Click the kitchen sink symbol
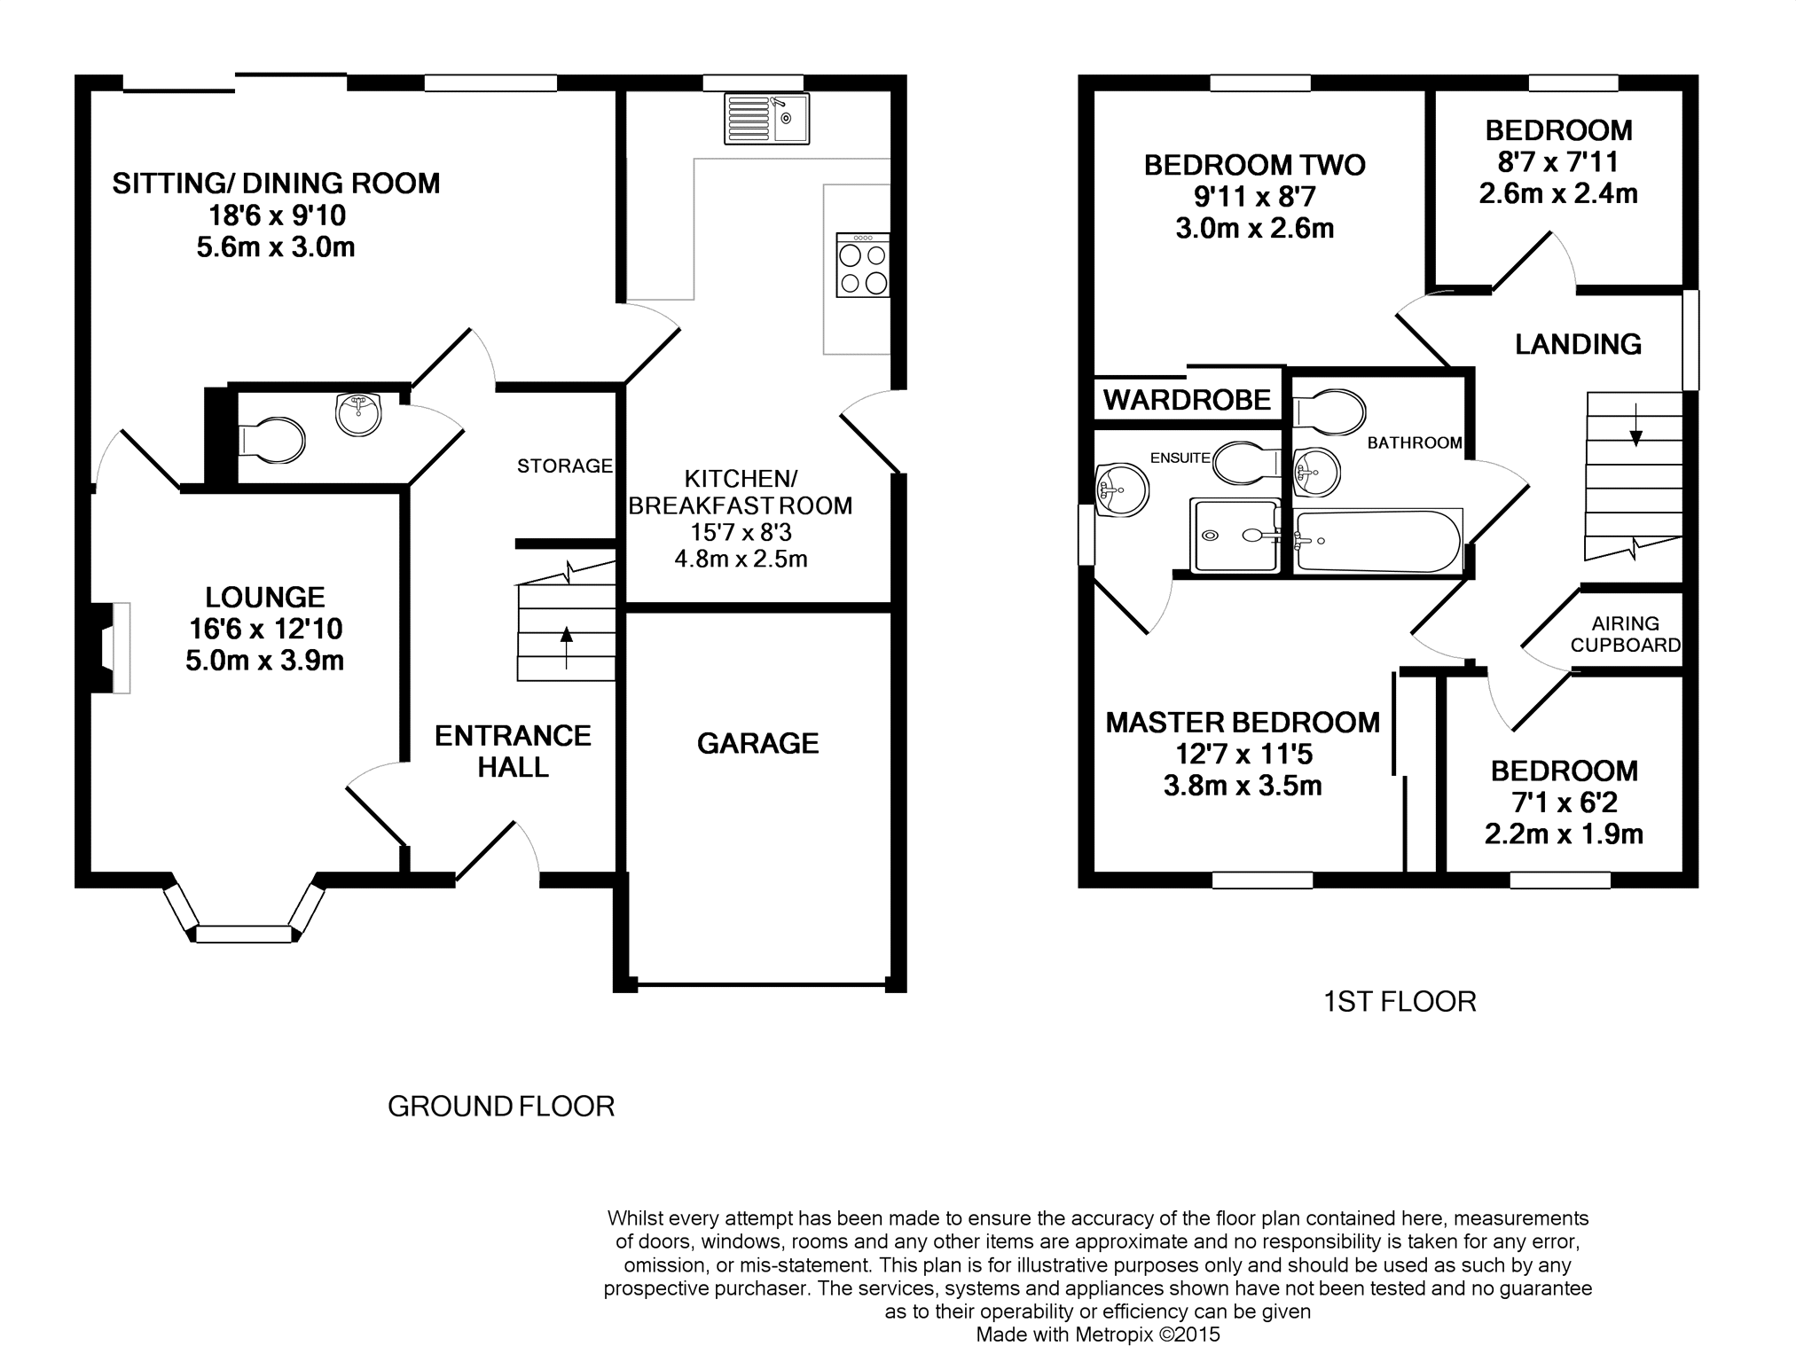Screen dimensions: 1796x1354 coord(766,118)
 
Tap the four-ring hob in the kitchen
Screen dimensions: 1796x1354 coord(862,264)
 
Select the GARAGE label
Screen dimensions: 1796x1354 coord(757,743)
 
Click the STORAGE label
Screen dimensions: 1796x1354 coord(565,466)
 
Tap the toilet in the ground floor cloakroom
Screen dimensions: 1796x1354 coord(271,441)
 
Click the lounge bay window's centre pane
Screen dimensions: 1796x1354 coord(243,934)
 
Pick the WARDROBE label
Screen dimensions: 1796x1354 coord(1187,400)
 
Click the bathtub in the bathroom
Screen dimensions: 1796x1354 coord(1377,540)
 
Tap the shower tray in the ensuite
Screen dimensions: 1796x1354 coord(1234,536)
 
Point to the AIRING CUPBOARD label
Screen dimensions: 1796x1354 coord(1625,635)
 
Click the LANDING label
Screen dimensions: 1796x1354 coord(1578,344)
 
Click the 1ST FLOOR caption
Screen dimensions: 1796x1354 coord(1400,1002)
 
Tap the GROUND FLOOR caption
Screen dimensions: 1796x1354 coord(501,1107)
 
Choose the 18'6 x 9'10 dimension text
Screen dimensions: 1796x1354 coord(277,215)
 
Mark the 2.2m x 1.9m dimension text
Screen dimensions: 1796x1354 coord(1564,834)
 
